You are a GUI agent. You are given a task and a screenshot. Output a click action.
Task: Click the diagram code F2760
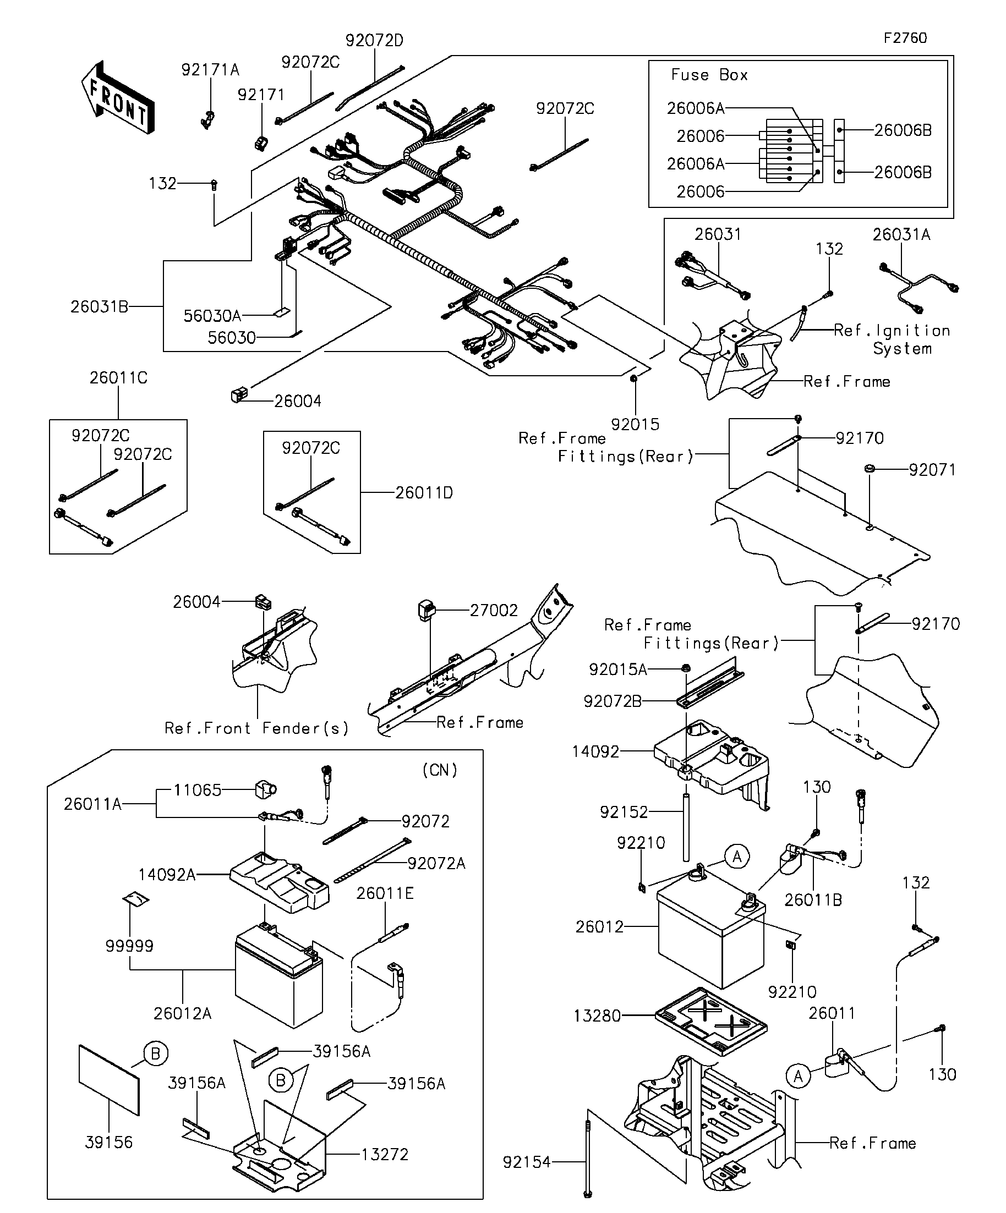coord(905,38)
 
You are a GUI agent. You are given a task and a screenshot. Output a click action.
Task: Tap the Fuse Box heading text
coord(709,75)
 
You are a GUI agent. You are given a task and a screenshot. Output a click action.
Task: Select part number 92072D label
coord(374,41)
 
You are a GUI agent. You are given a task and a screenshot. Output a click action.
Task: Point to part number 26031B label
coord(100,307)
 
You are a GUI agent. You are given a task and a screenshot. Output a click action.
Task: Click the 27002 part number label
coord(494,611)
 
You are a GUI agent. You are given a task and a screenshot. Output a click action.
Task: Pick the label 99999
coord(129,946)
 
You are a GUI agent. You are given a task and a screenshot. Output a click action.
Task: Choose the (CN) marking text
coord(440,770)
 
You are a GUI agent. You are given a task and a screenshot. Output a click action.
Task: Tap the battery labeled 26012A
coord(278,982)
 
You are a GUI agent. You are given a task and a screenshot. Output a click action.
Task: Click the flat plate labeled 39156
coord(109,1079)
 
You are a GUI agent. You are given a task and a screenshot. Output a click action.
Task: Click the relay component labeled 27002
coord(426,611)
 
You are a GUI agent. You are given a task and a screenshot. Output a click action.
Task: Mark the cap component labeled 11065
coord(265,789)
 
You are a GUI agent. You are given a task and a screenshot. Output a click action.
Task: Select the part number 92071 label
coord(932,470)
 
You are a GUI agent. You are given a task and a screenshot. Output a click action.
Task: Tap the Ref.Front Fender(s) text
coord(256,728)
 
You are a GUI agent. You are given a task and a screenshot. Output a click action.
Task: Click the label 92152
coord(624,812)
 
